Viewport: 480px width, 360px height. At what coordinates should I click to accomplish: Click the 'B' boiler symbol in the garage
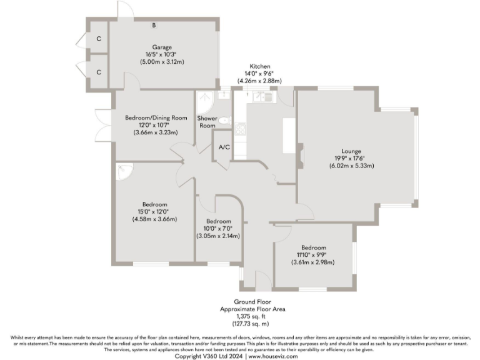click(x=154, y=26)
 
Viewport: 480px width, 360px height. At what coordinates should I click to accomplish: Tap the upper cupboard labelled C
click(x=98, y=38)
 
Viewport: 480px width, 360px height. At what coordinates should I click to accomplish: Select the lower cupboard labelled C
click(x=98, y=72)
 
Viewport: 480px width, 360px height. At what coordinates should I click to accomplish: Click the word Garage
click(x=161, y=47)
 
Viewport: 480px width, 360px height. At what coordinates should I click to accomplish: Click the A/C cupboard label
click(x=222, y=147)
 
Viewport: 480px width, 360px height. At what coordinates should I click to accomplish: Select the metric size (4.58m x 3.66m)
click(x=154, y=219)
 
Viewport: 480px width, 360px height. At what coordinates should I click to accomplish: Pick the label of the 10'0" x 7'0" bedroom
click(x=219, y=222)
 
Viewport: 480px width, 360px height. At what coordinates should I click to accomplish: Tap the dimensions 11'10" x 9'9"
click(x=314, y=254)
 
